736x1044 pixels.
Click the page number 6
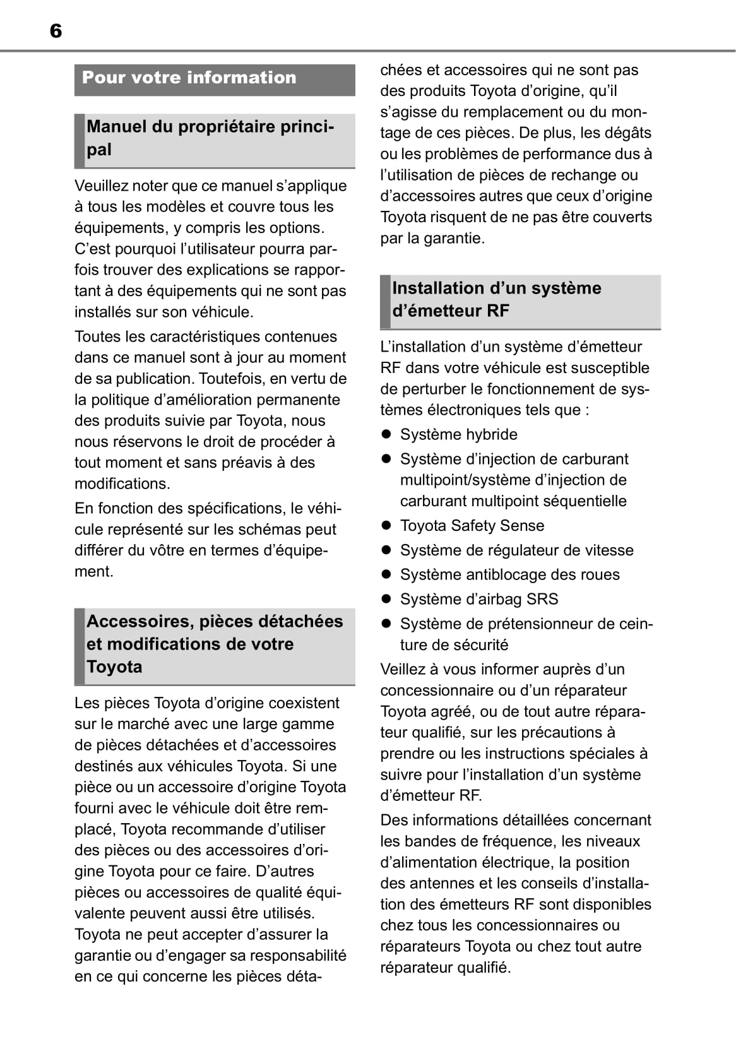(56, 31)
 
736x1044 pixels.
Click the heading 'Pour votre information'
(189, 78)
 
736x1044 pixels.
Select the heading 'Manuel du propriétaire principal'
(210, 138)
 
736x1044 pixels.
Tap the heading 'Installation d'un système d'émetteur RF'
(496, 299)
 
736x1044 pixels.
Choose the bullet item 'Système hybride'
(458, 434)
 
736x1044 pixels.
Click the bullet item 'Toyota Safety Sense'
(472, 525)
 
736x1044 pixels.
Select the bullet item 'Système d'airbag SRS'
(478, 599)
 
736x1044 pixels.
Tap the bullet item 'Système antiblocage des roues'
(509, 574)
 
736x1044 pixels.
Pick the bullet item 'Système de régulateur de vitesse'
(516, 550)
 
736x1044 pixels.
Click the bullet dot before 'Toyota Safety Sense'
(387, 526)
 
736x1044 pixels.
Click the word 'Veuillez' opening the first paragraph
(101, 186)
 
